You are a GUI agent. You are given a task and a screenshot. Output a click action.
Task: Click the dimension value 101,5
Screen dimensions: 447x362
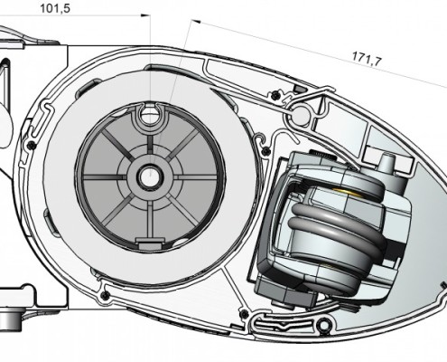55,8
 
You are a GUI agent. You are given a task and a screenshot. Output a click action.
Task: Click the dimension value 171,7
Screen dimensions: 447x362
367,58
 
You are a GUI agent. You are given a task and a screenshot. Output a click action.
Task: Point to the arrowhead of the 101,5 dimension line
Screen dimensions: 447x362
145,15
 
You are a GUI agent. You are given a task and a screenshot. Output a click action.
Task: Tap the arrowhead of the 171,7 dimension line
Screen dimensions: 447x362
196,22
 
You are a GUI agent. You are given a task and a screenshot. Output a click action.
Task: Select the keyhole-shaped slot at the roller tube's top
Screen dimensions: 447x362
150,114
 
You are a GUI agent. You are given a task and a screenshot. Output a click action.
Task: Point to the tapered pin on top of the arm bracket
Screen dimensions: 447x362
386,164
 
